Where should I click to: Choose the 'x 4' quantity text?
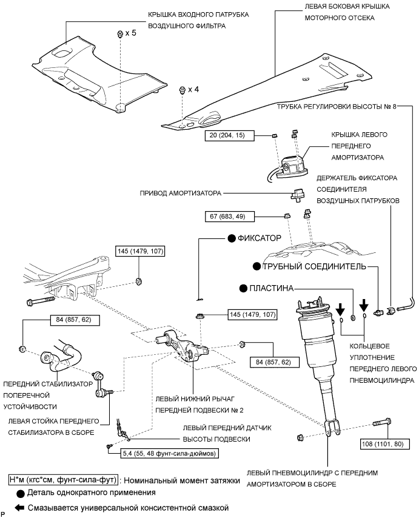(x=193, y=90)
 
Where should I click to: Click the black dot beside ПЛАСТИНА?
(x=243, y=288)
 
